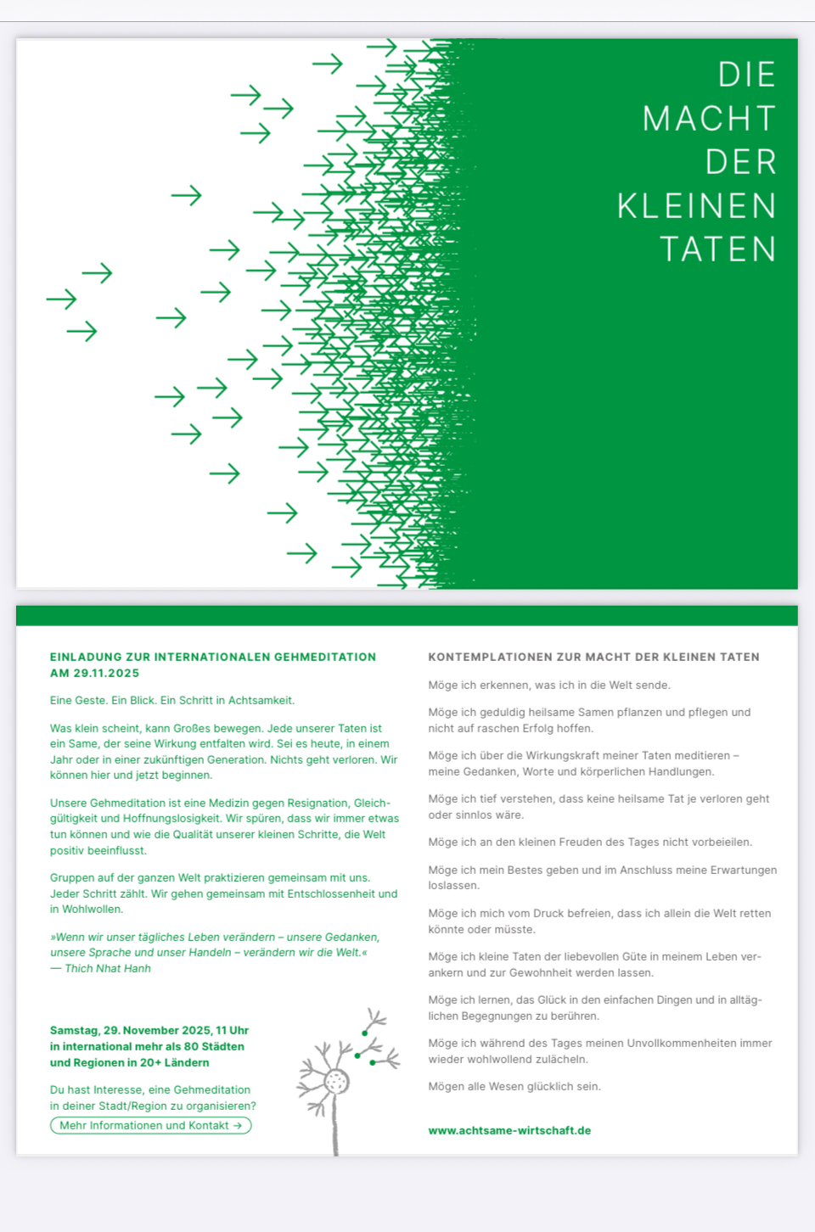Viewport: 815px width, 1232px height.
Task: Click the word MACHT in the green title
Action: point(709,119)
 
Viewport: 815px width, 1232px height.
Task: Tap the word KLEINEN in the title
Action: point(696,206)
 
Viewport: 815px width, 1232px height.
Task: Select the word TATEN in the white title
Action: point(718,249)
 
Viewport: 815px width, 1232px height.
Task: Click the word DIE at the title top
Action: point(746,76)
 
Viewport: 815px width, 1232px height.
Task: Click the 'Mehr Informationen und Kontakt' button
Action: point(151,1126)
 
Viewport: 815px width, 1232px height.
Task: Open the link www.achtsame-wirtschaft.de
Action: point(509,1130)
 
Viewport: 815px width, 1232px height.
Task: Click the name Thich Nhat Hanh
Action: point(108,968)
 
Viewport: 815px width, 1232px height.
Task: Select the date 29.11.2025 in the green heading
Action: point(106,673)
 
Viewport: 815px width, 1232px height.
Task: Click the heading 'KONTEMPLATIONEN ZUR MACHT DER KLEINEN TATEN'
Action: point(593,657)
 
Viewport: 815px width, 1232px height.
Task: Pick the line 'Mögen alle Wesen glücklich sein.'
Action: point(514,1086)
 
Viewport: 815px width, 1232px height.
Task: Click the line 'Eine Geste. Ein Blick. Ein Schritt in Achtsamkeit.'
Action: point(172,700)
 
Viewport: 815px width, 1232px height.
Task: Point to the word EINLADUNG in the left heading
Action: point(86,657)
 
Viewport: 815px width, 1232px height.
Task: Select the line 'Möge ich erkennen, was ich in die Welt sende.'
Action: point(549,685)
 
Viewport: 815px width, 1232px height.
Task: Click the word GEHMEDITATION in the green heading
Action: point(325,657)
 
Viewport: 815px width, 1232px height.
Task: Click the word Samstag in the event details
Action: point(74,1030)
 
